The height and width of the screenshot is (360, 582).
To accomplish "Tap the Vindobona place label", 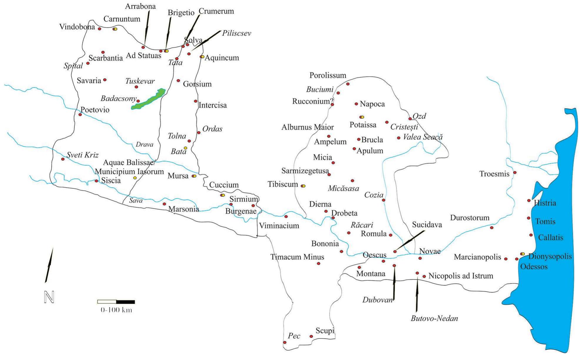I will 77,27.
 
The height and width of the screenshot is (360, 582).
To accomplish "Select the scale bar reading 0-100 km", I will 116,302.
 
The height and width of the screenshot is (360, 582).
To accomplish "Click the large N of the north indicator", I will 49,297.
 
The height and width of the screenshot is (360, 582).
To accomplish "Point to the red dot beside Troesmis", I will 515,172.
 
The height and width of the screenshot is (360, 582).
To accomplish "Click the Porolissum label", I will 328,76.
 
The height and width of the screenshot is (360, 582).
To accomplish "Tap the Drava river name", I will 144,145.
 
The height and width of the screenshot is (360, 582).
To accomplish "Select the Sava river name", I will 136,201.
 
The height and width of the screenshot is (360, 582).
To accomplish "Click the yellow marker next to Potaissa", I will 362,117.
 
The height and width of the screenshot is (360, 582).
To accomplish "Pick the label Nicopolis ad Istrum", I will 460,276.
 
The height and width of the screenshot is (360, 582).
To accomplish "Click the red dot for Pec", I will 285,342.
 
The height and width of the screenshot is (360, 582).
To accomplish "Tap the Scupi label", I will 325,331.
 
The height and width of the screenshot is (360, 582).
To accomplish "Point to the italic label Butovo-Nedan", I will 434,318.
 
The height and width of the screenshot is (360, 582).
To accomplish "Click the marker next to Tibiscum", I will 303,186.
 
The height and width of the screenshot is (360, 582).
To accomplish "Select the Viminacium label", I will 279,226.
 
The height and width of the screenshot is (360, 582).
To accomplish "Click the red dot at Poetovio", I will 80,115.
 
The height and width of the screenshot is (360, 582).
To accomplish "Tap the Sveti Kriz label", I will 82,155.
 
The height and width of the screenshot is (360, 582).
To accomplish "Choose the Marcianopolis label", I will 477,257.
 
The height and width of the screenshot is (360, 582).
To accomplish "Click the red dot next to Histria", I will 529,200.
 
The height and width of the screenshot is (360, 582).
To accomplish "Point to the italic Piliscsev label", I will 236,33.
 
